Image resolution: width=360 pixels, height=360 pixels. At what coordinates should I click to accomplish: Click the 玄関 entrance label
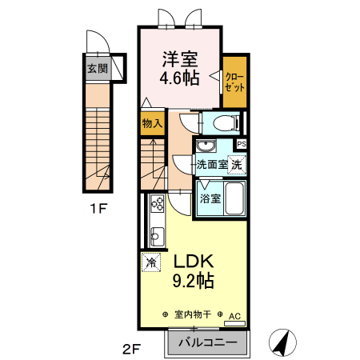pos(98,69)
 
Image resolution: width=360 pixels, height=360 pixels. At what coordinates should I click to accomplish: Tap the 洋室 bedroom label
pos(180,59)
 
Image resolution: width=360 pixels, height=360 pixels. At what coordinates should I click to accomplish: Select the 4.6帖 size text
pos(179,78)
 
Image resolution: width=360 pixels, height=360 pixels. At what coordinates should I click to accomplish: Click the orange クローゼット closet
pos(234,82)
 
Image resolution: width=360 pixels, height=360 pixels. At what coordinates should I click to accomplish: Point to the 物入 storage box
pos(152,123)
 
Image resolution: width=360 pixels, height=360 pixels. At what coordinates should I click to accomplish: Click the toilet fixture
pos(226,123)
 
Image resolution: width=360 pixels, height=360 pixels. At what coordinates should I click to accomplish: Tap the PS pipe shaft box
pos(242,144)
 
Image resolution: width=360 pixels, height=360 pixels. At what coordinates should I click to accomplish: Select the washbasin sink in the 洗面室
pos(206,146)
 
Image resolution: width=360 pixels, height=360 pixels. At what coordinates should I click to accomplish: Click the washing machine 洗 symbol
pos(237,165)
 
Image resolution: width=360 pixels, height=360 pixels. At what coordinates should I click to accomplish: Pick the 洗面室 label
pos(212,165)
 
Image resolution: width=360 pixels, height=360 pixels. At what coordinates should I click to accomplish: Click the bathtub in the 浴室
pos(234,198)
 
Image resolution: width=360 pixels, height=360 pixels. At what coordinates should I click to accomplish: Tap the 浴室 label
pos(210,198)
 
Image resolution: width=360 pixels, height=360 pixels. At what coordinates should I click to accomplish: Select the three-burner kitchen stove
pos(157,203)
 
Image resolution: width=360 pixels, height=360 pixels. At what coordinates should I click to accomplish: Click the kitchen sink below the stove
pos(157,237)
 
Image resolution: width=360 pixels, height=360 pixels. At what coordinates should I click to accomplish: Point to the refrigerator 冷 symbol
pos(151,262)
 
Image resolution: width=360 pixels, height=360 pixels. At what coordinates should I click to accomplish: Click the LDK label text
pos(194,262)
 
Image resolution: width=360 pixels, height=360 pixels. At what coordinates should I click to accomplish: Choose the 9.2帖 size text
pos(194,281)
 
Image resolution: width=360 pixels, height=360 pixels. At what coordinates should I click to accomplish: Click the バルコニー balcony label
pos(208,342)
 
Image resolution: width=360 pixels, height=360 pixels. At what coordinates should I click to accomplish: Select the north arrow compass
pos(282,342)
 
